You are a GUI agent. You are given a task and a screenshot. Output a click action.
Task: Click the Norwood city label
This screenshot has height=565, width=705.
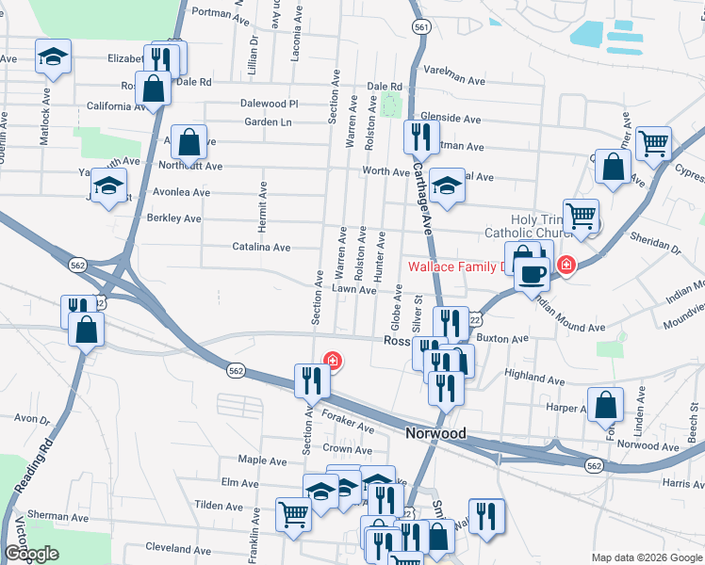[435, 433]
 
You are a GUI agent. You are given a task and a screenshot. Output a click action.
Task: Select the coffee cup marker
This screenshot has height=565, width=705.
[533, 274]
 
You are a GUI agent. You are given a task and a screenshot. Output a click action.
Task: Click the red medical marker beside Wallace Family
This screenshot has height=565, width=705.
[566, 266]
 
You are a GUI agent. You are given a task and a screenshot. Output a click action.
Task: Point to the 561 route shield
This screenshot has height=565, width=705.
[421, 27]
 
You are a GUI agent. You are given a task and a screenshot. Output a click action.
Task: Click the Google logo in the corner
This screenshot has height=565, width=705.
[30, 554]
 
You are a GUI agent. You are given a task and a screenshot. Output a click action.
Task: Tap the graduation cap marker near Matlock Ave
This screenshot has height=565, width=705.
[54, 57]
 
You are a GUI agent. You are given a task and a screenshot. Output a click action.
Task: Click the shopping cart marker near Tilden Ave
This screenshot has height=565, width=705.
[293, 514]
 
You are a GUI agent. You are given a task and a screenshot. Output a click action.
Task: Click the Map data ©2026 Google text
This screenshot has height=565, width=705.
[647, 557]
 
